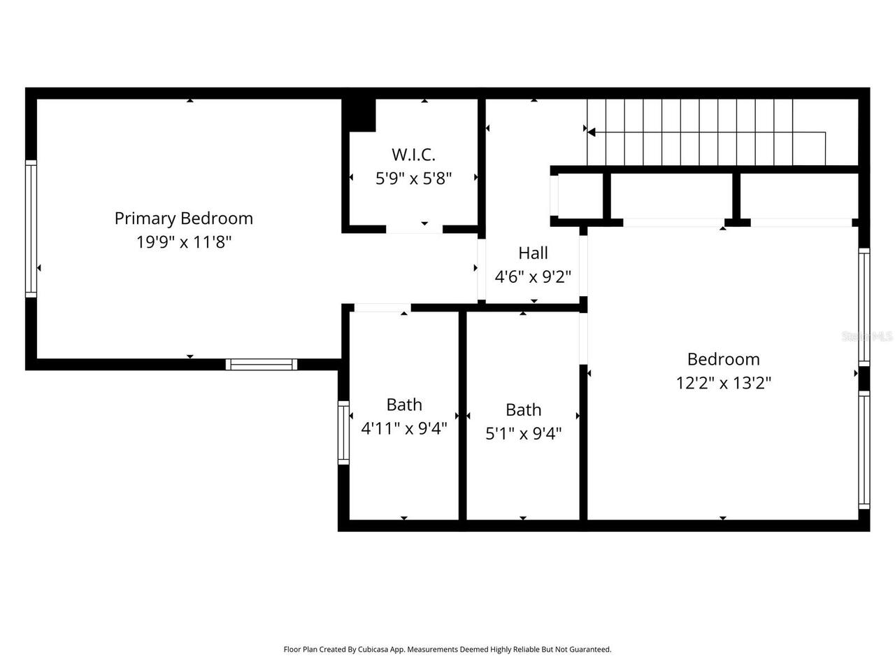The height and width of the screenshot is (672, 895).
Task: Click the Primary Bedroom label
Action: click(183, 218)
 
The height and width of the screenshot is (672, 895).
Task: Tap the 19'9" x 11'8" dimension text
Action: click(183, 243)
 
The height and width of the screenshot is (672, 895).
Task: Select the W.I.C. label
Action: click(413, 154)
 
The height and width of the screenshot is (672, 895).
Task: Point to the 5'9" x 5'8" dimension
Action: click(413, 178)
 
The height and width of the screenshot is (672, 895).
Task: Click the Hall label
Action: click(533, 253)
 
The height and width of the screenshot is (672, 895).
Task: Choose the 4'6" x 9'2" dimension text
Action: click(533, 277)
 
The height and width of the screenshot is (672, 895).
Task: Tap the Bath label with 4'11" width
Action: click(404, 405)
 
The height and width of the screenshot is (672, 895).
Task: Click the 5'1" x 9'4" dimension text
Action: click(523, 434)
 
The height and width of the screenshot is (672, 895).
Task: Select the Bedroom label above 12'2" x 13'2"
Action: click(723, 359)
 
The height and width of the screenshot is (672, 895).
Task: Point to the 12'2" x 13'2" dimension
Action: click(723, 383)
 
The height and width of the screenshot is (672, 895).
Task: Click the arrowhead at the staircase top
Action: click(591, 132)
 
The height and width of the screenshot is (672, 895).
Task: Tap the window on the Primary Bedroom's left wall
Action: click(31, 228)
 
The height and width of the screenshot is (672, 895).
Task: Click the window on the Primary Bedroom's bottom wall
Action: click(262, 364)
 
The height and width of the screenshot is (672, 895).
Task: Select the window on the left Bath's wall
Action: click(343, 433)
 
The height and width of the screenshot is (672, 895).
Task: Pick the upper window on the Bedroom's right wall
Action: click(864, 307)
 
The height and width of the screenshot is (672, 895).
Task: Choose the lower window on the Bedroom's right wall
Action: click(864, 449)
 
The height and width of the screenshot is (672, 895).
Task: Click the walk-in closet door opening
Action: click(414, 229)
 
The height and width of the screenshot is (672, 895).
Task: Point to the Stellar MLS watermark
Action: click(867, 337)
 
